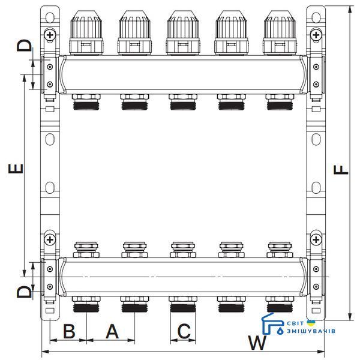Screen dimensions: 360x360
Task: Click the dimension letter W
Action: (257, 343)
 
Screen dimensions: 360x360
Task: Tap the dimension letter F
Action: (341, 170)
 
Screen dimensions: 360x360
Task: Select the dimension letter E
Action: (16, 168)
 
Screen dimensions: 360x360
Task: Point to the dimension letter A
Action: (112, 332)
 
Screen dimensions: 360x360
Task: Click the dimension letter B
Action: (69, 332)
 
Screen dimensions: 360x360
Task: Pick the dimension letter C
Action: (184, 331)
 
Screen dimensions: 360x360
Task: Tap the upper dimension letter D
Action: (24, 45)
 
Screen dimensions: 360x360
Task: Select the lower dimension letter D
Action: (24, 292)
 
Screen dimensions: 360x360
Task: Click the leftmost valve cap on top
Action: (86, 32)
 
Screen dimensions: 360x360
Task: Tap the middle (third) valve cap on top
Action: (183, 32)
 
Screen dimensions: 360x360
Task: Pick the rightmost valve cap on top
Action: (280, 32)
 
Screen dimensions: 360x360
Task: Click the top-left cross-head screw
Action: (50, 35)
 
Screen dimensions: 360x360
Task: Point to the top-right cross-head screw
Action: (316, 35)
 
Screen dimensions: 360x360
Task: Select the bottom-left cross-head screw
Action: (50, 240)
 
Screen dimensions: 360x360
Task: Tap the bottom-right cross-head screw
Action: (316, 239)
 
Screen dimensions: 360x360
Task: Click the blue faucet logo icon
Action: (272, 324)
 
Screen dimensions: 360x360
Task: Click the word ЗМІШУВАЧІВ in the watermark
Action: (311, 331)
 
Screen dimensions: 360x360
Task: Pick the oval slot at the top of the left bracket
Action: (50, 17)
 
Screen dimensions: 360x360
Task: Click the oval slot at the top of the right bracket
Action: (316, 17)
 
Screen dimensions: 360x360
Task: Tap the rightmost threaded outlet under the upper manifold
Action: (280, 102)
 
